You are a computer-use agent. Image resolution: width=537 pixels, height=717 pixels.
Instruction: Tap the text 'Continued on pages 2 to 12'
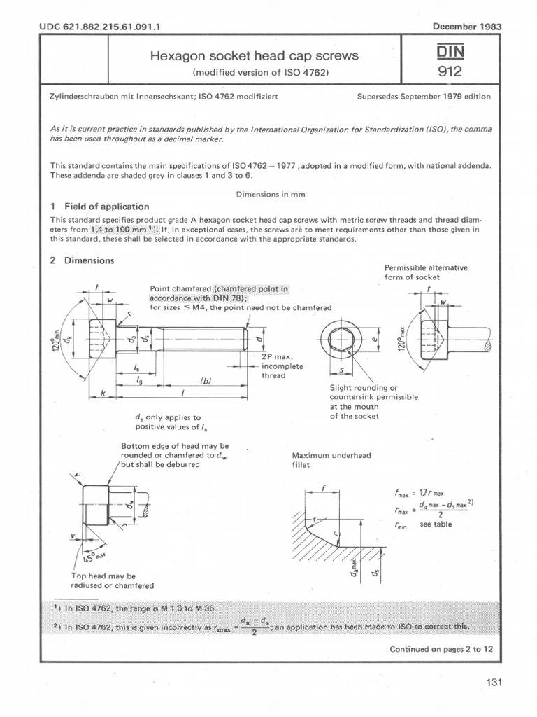coord(441,649)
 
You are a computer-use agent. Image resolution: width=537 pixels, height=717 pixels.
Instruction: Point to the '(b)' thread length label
coord(206,381)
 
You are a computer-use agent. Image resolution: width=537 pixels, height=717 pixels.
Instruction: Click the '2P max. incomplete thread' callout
coord(278,366)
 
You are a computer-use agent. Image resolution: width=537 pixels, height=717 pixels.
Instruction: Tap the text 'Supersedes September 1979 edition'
coord(423,96)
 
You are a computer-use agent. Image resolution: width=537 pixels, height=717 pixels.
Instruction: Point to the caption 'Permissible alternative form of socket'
coord(426,272)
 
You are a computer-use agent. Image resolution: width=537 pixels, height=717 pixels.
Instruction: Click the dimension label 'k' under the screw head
coord(101,394)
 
